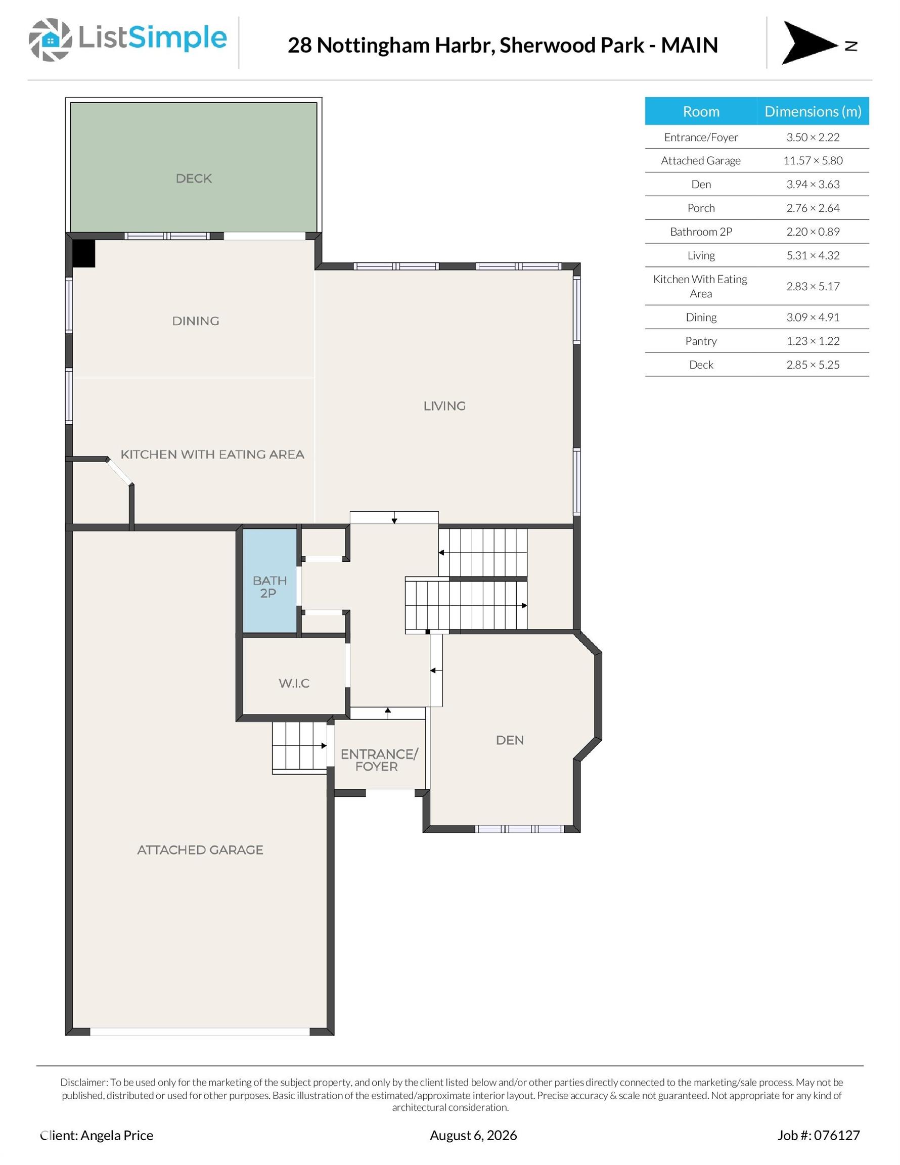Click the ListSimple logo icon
click(x=50, y=39)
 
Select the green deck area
click(x=194, y=167)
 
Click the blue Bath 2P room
click(x=270, y=580)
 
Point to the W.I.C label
click(x=294, y=683)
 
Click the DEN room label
click(x=510, y=740)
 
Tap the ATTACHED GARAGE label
click(x=200, y=850)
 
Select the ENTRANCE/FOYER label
click(x=379, y=760)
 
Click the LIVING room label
click(x=444, y=406)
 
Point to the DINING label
click(x=195, y=321)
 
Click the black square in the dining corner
click(x=84, y=253)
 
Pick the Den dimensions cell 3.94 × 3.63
click(x=813, y=185)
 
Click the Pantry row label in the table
click(x=700, y=341)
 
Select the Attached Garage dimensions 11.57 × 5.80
click(x=813, y=161)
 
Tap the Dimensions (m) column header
click(x=813, y=111)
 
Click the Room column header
click(x=701, y=111)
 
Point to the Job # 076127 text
click(x=819, y=1135)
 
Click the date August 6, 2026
click(x=473, y=1135)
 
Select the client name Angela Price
click(x=117, y=1135)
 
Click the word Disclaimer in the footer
click(x=84, y=1082)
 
